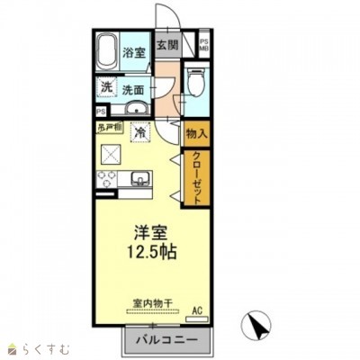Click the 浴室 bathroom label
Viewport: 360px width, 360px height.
(x=134, y=53)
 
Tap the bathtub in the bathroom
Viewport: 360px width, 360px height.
(x=108, y=49)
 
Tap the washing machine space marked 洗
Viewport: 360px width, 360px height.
(x=107, y=88)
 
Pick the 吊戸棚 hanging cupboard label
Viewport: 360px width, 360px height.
(x=110, y=126)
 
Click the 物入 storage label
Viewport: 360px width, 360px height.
(x=196, y=133)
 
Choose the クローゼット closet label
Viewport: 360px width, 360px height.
(x=196, y=175)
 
